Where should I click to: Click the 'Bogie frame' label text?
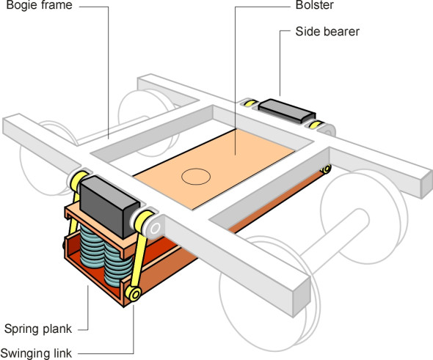coord(39,5)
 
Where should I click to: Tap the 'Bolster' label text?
coord(315,5)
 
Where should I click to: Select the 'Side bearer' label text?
coord(327,32)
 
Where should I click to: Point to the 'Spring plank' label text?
coord(38,328)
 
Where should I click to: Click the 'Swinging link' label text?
coord(36,353)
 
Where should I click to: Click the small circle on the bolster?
coord(196,176)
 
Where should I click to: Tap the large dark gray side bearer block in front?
coord(109,205)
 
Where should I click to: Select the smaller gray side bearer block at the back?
coord(287,111)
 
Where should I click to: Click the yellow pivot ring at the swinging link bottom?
coord(134,294)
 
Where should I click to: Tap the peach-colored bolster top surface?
coord(214,169)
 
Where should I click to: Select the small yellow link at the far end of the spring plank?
coord(326,169)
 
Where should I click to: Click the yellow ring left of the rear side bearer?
coord(250,103)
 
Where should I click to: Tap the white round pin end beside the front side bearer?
coord(155,229)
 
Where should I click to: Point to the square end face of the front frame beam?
coord(302,299)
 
